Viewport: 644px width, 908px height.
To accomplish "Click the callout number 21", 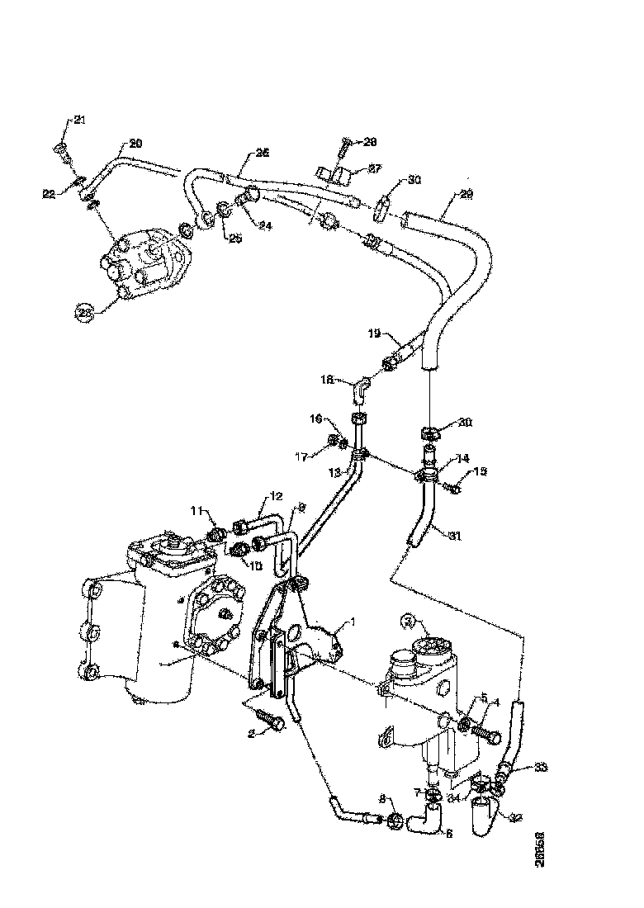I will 79,121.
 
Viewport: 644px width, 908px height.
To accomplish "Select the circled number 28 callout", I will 86,312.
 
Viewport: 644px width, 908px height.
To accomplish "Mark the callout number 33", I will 541,767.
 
